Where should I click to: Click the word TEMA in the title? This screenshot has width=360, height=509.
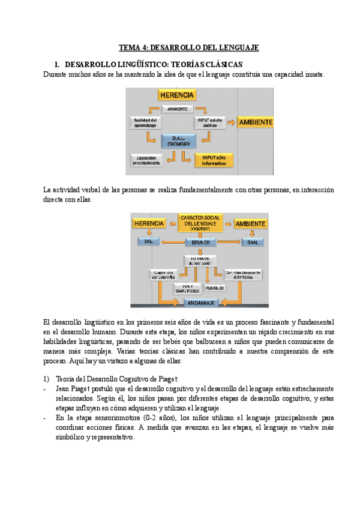pos(129,47)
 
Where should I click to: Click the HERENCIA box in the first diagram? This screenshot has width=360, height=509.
pos(177,95)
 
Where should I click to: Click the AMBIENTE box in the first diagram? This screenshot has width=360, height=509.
pos(256,122)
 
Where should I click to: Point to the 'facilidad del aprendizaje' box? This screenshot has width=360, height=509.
pos(145,123)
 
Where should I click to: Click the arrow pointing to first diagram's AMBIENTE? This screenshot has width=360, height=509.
pos(230,123)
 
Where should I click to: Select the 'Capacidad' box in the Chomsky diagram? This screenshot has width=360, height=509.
pos(146,160)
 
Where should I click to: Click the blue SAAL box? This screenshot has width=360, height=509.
pos(253,242)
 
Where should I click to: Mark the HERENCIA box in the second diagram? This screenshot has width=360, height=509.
pos(149,223)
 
